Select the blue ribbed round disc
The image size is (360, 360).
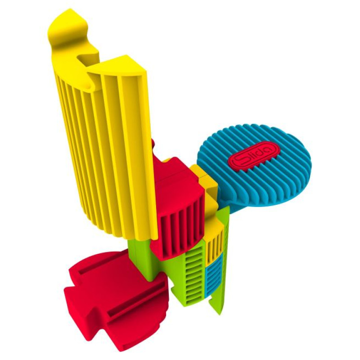(254, 165)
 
